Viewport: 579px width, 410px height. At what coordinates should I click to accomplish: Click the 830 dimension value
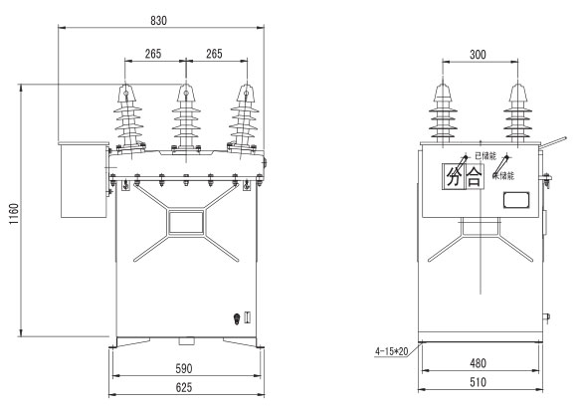click(158, 21)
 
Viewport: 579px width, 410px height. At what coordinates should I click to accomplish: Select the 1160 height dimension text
click(14, 214)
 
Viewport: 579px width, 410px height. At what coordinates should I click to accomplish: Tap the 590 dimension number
click(184, 368)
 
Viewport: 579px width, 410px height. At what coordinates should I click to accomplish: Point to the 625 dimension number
click(184, 387)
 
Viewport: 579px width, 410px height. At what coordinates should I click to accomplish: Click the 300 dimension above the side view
click(478, 55)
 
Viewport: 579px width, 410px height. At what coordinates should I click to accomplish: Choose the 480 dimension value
click(478, 363)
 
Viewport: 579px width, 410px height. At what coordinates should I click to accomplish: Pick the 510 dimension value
click(478, 382)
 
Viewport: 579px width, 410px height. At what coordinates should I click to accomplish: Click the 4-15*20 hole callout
click(391, 351)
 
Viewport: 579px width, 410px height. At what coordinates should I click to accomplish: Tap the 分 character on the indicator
click(454, 177)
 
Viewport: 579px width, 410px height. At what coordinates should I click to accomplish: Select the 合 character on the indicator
click(475, 177)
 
